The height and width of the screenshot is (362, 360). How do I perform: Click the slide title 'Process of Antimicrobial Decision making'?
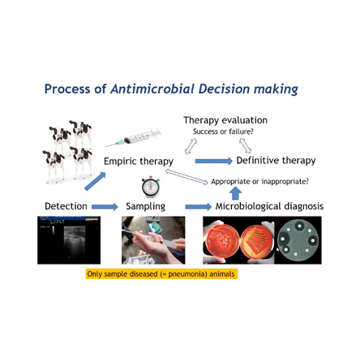point(171,88)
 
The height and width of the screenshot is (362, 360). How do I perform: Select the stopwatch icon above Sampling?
point(150,187)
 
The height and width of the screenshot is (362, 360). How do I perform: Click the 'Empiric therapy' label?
point(138,162)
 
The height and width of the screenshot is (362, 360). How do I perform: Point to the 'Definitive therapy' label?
point(276,161)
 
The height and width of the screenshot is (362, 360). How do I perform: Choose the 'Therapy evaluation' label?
point(225,120)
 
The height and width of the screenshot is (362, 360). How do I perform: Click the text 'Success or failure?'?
point(223,131)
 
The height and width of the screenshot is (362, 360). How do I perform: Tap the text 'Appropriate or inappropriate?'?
point(259,181)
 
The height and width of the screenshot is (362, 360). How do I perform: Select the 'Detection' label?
point(66,206)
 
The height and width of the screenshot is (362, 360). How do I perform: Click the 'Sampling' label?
point(145,206)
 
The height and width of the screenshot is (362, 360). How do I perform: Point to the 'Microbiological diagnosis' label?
point(269,206)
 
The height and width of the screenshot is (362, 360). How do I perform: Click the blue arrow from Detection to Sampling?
point(105,207)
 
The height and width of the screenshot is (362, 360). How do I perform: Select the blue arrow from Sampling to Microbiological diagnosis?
point(197,207)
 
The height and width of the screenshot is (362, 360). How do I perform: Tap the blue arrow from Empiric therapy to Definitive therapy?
point(213,161)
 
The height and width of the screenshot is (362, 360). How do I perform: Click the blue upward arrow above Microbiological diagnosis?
point(235,192)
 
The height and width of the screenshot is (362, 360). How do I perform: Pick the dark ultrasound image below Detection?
point(69,239)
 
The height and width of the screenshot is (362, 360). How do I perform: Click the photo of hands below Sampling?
point(153,239)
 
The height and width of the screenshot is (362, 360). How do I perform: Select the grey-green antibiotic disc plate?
point(298,240)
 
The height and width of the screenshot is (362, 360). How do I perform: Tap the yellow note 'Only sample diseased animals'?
point(161,274)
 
